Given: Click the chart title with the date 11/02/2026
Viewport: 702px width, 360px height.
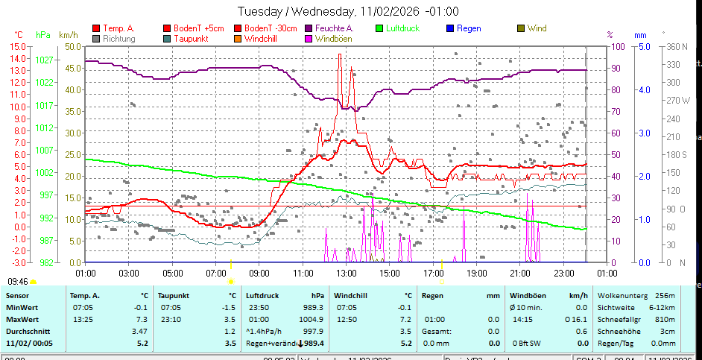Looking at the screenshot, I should click(348, 11).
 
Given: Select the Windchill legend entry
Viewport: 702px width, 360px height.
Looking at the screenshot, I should click(262, 38).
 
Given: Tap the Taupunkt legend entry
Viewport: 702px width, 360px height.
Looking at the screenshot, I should click(191, 38).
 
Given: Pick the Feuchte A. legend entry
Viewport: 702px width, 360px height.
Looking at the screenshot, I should click(334, 28).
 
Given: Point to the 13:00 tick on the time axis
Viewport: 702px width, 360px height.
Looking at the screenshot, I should click(347, 273).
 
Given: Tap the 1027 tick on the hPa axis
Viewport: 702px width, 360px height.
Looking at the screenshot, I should click(44, 59).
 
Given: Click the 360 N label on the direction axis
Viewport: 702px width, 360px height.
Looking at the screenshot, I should click(675, 46).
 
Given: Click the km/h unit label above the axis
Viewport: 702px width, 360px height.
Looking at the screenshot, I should click(68, 34).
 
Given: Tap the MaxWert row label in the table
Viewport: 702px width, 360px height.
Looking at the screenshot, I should click(22, 318).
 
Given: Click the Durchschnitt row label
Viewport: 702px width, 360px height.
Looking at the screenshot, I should click(28, 330).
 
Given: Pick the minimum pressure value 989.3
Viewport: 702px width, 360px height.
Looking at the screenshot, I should click(312, 307).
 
